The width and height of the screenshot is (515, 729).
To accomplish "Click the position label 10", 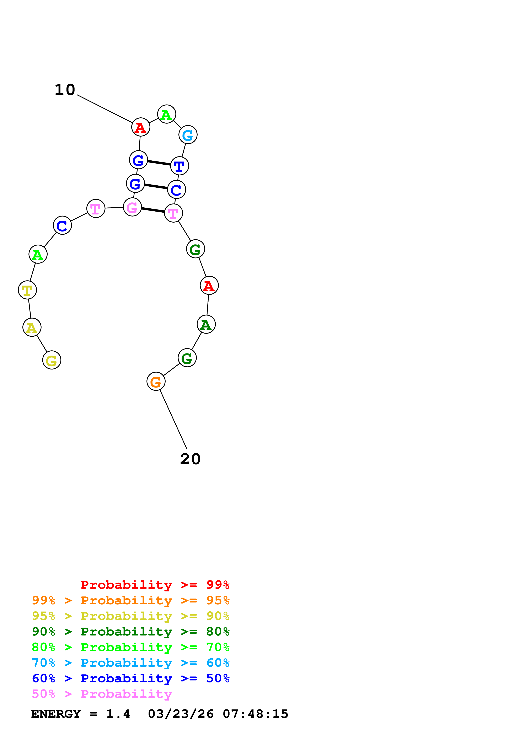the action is tap(65, 90).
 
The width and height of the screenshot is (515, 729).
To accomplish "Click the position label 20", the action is tap(190, 459).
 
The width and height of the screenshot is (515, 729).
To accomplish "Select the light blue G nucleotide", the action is tap(188, 135).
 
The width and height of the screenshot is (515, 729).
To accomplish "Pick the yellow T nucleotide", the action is tap(27, 290).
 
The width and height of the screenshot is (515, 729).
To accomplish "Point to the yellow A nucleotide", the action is tap(32, 327).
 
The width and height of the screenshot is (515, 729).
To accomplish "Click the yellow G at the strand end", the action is tap(51, 360).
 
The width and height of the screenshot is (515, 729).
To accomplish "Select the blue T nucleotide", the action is tap(179, 166).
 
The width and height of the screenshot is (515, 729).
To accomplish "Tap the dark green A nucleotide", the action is tap(206, 324).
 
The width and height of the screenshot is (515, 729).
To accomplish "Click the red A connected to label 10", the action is tap(141, 127).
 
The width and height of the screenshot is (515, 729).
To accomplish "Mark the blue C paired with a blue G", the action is tap(176, 190).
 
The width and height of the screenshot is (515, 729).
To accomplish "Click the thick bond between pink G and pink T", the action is tap(153, 210).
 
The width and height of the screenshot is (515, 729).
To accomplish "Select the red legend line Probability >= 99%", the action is tap(155, 585).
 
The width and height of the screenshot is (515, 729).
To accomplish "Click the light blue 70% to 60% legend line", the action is tap(130, 663).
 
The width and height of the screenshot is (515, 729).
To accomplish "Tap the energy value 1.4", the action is tap(118, 714).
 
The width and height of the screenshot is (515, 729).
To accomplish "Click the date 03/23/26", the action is tap(181, 714).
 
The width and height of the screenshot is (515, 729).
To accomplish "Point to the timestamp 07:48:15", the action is tap(256, 714).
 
